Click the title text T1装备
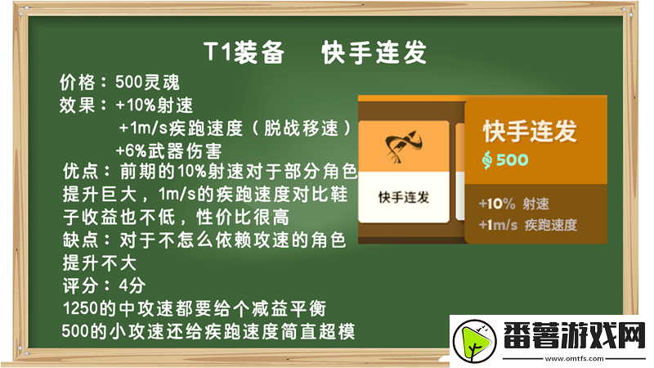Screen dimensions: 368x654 pyautogui.click(x=244, y=53)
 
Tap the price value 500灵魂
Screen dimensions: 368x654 pyautogui.click(x=142, y=83)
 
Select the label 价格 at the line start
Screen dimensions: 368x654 pyautogui.click(x=77, y=83)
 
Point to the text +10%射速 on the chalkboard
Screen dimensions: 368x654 pyautogui.click(x=155, y=105)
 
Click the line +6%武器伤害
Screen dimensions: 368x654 pyautogui.click(x=168, y=150)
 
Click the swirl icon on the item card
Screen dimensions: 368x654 pyautogui.click(x=404, y=148)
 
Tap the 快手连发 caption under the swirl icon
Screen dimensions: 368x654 pyautogui.click(x=404, y=198)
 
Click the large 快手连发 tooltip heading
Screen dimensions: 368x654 pyautogui.click(x=530, y=130)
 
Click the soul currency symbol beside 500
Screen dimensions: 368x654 pyautogui.click(x=487, y=159)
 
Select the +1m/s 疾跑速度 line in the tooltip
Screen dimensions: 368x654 pyautogui.click(x=528, y=225)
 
